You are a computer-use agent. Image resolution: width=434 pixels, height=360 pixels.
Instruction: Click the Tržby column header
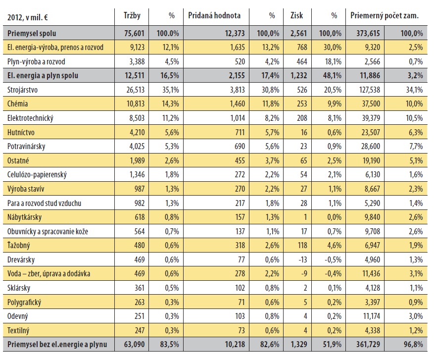point(132,15)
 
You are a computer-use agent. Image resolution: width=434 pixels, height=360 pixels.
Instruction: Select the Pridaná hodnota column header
point(214,15)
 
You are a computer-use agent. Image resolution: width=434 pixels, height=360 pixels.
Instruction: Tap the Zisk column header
point(296,15)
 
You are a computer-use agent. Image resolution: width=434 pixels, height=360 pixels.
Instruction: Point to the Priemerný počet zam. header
point(385,16)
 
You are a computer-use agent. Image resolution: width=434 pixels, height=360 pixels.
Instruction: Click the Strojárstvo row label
point(22,90)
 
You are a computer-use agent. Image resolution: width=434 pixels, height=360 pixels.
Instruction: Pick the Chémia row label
point(17,104)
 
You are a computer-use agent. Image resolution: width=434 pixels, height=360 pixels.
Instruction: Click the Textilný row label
point(18,330)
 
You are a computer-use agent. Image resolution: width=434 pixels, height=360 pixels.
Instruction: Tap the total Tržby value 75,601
point(134,34)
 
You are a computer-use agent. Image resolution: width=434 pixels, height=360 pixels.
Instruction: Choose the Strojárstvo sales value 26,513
point(136,90)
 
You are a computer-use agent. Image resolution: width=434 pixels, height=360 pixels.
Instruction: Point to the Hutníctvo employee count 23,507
point(371,132)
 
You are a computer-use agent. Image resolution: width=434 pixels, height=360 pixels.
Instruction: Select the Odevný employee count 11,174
point(372,316)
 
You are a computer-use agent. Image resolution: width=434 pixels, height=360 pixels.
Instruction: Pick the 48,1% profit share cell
point(332,76)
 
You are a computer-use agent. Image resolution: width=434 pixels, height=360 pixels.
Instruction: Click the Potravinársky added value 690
point(240,147)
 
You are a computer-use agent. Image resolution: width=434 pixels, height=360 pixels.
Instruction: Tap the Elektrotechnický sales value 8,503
point(137,118)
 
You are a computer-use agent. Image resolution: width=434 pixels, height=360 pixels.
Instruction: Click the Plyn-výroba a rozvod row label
point(36,62)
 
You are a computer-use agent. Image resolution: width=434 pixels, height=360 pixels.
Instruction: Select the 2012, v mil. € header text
point(27,18)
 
